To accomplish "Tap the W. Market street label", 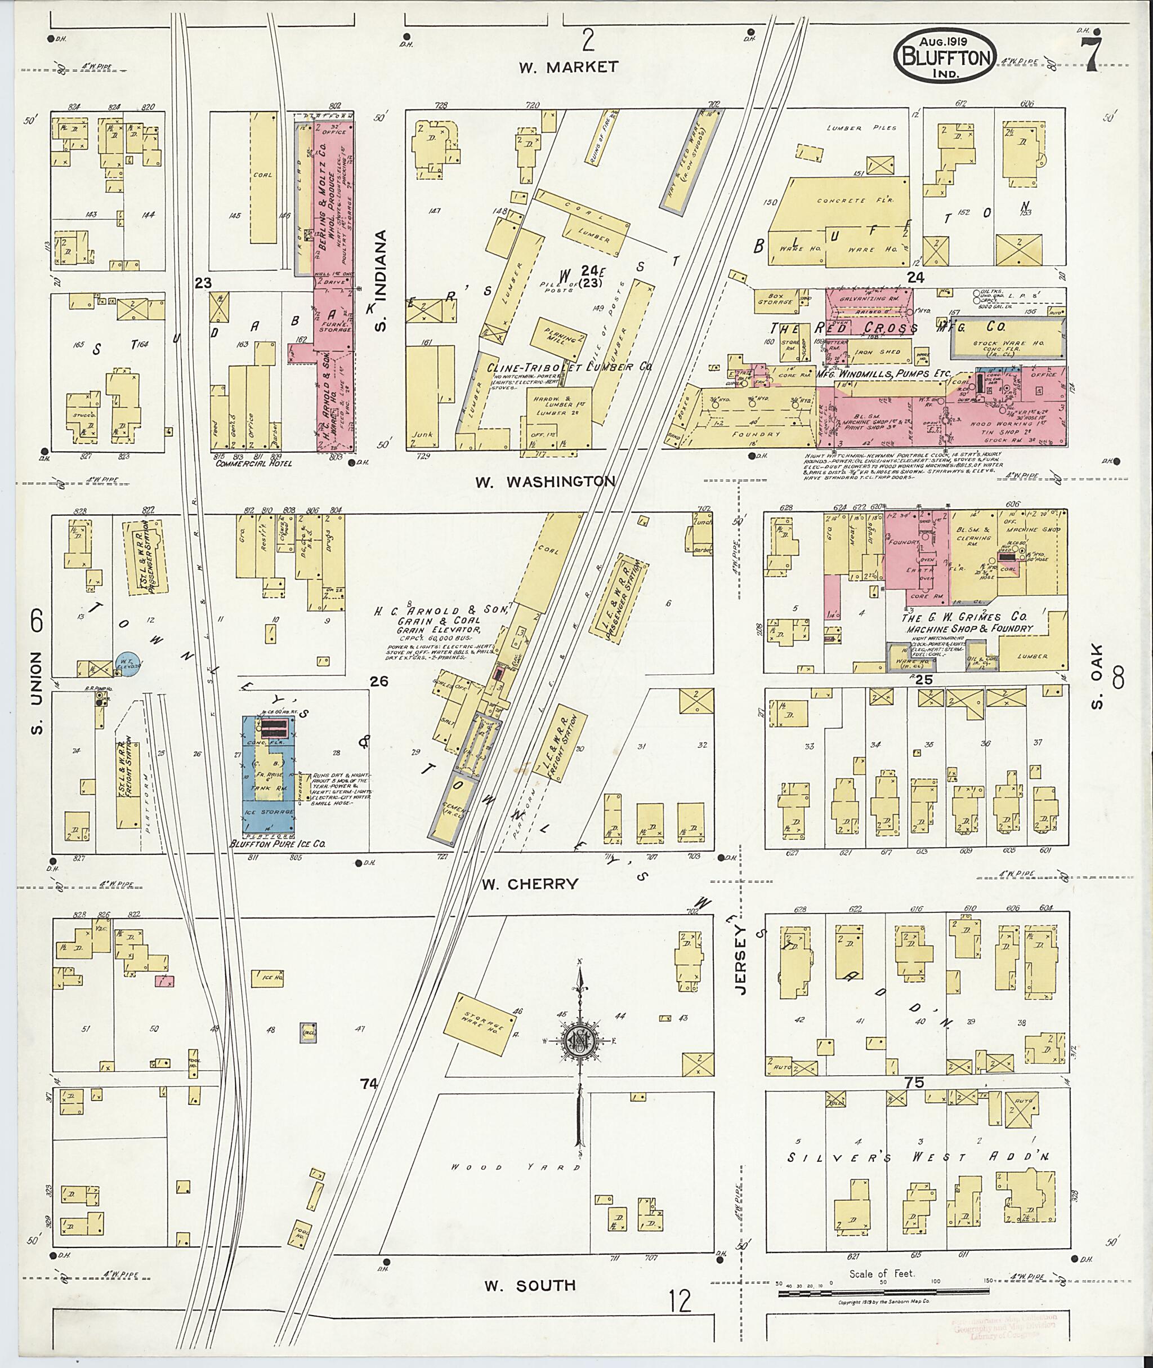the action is click(568, 66).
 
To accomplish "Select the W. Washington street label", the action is click(544, 482).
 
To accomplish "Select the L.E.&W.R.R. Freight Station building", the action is click(556, 743).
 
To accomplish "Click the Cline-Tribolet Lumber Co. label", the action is click(569, 368).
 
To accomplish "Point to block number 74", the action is click(369, 1084).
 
